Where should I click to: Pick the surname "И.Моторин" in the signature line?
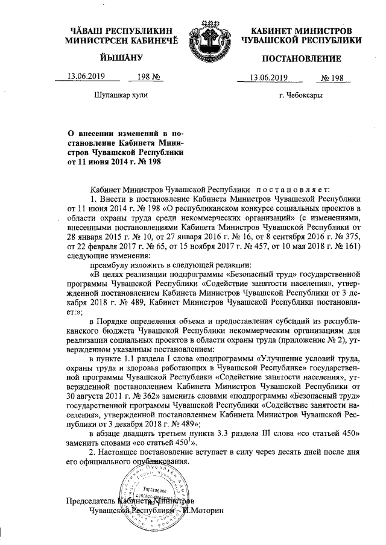click(x=203, y=510)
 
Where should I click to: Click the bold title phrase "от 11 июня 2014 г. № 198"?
click(x=114, y=161)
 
